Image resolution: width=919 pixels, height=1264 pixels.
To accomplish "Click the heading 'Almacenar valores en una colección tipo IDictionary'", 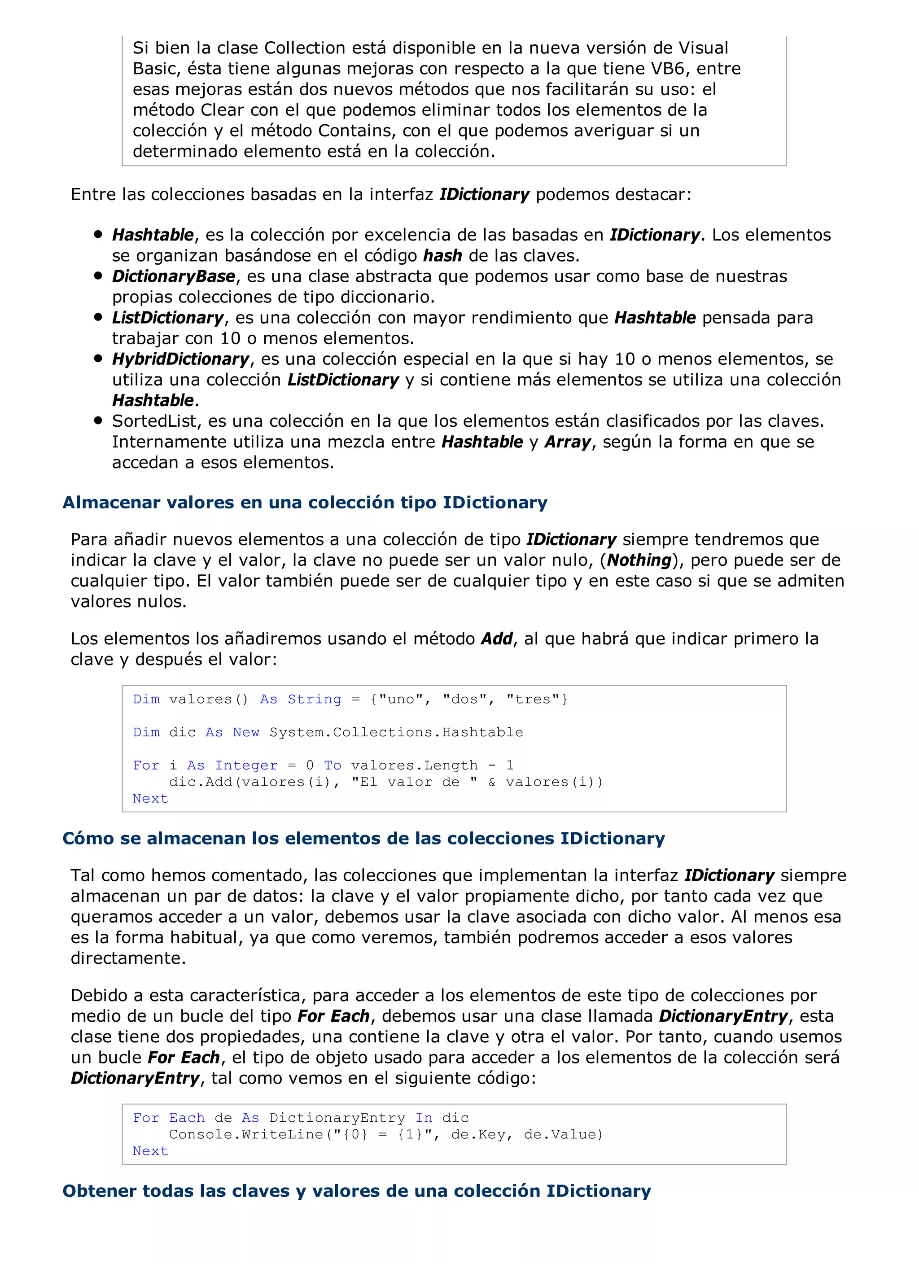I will [x=304, y=502].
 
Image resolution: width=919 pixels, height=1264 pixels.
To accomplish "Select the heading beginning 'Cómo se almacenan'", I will [x=363, y=838].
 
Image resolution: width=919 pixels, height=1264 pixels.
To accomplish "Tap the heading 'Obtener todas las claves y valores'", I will [x=357, y=1191].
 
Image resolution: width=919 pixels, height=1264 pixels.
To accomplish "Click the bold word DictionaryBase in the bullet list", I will [x=173, y=276].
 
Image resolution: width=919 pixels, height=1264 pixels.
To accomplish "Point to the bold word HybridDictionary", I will [x=180, y=359].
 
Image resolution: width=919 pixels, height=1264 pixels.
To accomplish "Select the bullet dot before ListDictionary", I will [x=99, y=317].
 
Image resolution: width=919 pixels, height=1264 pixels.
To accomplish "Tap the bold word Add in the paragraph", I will [x=497, y=639].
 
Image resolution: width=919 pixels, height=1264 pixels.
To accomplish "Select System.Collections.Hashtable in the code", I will [x=396, y=732].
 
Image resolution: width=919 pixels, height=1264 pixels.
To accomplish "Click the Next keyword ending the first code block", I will [x=150, y=799].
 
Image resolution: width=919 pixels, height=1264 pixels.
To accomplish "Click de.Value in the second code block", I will [x=563, y=1135].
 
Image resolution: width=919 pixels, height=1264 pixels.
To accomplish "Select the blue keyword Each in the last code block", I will [x=187, y=1118].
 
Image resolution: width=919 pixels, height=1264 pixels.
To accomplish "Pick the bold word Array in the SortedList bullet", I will [x=567, y=442].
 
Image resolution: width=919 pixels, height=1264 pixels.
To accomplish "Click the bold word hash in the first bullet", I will [x=442, y=256].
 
